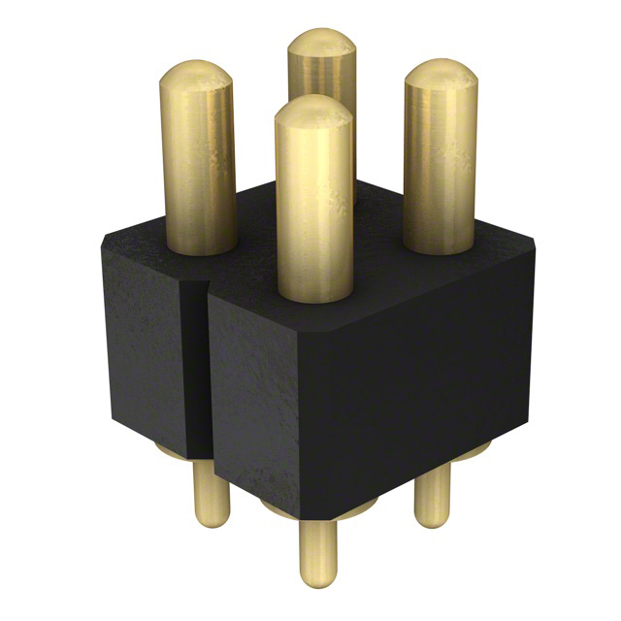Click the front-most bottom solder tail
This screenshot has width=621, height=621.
318,553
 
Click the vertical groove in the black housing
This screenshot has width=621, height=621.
197,369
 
